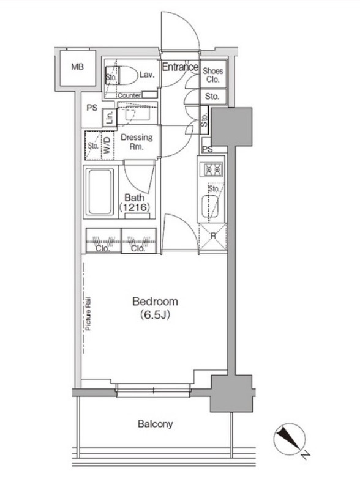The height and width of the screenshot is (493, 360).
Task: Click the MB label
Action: pos(77,67)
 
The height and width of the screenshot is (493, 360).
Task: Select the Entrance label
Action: pos(180,67)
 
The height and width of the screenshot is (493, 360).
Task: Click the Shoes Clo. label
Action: pos(213,75)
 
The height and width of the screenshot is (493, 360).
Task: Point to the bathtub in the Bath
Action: pos(100,191)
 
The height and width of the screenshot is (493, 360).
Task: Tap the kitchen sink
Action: pos(210,206)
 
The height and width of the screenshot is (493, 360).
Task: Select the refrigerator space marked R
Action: pos(212,237)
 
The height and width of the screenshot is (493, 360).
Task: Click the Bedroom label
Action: pos(155,302)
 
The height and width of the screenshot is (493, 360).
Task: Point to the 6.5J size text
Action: pos(155,315)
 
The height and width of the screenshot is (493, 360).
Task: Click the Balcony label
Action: pos(155,424)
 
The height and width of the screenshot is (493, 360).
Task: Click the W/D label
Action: pos(107,145)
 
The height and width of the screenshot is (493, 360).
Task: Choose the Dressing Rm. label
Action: pos(137,142)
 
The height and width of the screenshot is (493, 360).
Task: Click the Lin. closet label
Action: pos(109,117)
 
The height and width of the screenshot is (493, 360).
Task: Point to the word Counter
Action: pos(129,95)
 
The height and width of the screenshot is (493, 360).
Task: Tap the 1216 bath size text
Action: pos(134,207)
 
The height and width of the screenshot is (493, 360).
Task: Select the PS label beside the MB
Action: pos(92,108)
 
